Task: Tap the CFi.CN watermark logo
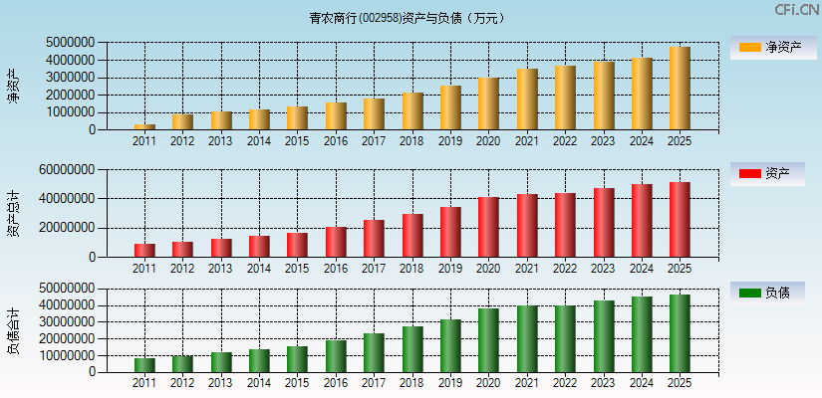797,10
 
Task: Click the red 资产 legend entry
766,174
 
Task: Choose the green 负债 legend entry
766,293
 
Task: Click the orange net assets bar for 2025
680,89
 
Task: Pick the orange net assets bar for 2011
144,126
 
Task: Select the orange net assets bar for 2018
412,111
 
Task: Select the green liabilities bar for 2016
336,356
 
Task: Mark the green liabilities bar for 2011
144,365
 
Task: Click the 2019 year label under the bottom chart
450,383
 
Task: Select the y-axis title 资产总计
13,214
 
